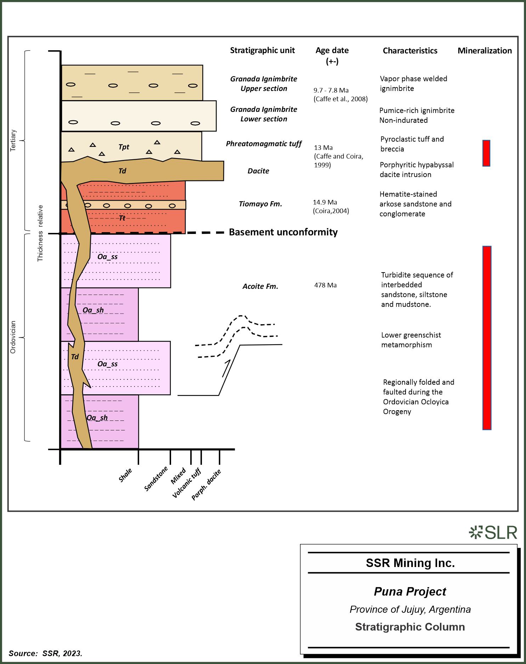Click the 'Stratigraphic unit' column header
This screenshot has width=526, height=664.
click(x=262, y=50)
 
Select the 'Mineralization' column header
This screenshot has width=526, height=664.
click(x=485, y=51)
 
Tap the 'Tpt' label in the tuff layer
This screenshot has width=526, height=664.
click(x=124, y=147)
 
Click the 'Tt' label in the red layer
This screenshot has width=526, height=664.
click(x=122, y=218)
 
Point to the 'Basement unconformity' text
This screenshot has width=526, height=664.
click(x=283, y=232)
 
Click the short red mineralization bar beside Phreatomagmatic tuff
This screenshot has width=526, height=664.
click(x=486, y=153)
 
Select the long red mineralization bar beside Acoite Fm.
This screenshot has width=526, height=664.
click(x=487, y=338)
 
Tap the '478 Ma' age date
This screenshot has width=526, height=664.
click(x=325, y=285)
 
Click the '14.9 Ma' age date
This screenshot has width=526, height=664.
click(x=325, y=202)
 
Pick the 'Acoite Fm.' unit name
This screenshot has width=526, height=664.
click(x=260, y=286)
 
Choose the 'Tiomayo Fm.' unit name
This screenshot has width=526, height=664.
click(x=260, y=204)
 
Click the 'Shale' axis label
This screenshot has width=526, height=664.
click(x=125, y=475)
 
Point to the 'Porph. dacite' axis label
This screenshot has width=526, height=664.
click(x=206, y=485)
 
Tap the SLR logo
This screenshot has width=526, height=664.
click(x=493, y=532)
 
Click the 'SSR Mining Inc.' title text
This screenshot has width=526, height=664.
click(x=410, y=563)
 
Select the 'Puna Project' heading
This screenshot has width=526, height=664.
click(x=410, y=591)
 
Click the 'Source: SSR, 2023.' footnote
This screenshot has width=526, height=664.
click(x=45, y=653)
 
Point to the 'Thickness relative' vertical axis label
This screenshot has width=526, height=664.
click(x=40, y=233)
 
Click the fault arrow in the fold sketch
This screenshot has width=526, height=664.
click(x=226, y=368)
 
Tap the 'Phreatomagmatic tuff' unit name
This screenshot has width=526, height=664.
click(x=264, y=144)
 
